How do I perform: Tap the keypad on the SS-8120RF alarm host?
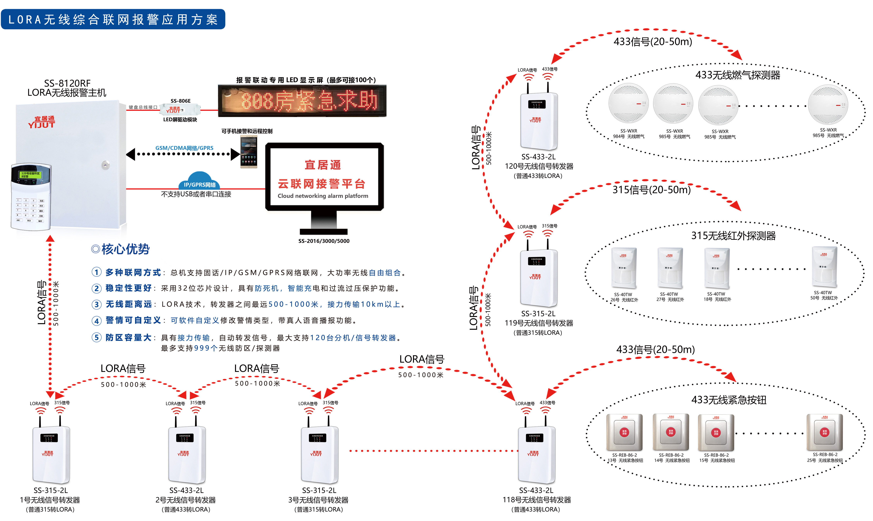[31, 197]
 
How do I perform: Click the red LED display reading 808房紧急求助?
[302, 101]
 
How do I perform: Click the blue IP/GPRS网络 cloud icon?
[199, 181]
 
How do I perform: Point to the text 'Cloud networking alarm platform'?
[323, 196]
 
